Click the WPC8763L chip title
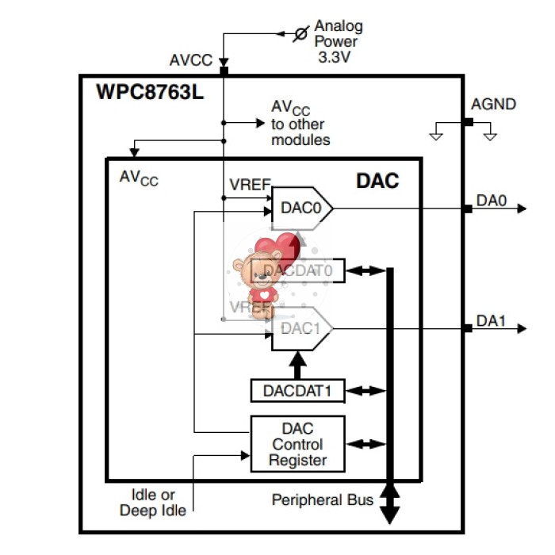click(x=150, y=92)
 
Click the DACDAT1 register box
click(x=297, y=391)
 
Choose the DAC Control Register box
click(x=297, y=444)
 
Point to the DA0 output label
click(x=491, y=201)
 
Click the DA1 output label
click(x=491, y=320)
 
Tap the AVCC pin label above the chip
click(x=191, y=60)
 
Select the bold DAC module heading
click(x=377, y=182)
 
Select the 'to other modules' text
click(x=300, y=132)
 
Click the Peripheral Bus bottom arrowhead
click(x=389, y=515)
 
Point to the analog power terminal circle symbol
click(x=301, y=33)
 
